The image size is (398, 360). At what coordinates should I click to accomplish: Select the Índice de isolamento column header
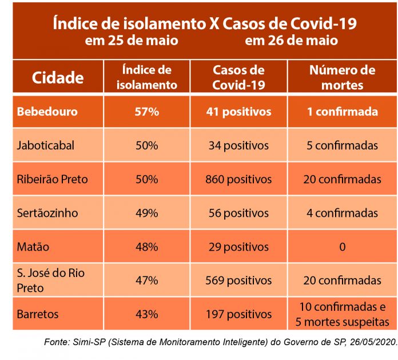147,78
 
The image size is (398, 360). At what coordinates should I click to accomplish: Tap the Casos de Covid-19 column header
238,78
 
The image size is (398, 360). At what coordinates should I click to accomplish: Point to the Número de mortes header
342,78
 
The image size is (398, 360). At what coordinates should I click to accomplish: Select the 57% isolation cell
147,112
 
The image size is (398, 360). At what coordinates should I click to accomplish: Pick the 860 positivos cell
238,179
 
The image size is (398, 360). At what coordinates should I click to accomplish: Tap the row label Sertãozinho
47,213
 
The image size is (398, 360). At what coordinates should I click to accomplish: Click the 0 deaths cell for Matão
342,247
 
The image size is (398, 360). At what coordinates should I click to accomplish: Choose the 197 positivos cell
238,314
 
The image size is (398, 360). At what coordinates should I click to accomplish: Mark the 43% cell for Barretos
147,314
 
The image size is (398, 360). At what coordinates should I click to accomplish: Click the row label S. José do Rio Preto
51,280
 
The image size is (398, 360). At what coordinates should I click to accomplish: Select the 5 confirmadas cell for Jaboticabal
342,145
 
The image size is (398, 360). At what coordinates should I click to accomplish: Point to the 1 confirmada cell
342,112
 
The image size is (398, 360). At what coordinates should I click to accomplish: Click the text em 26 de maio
291,41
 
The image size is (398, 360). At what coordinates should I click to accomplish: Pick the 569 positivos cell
238,280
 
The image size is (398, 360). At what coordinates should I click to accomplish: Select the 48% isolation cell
147,247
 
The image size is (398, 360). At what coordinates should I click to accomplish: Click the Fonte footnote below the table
220,342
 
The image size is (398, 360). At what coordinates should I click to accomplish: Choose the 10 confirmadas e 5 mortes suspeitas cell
342,314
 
